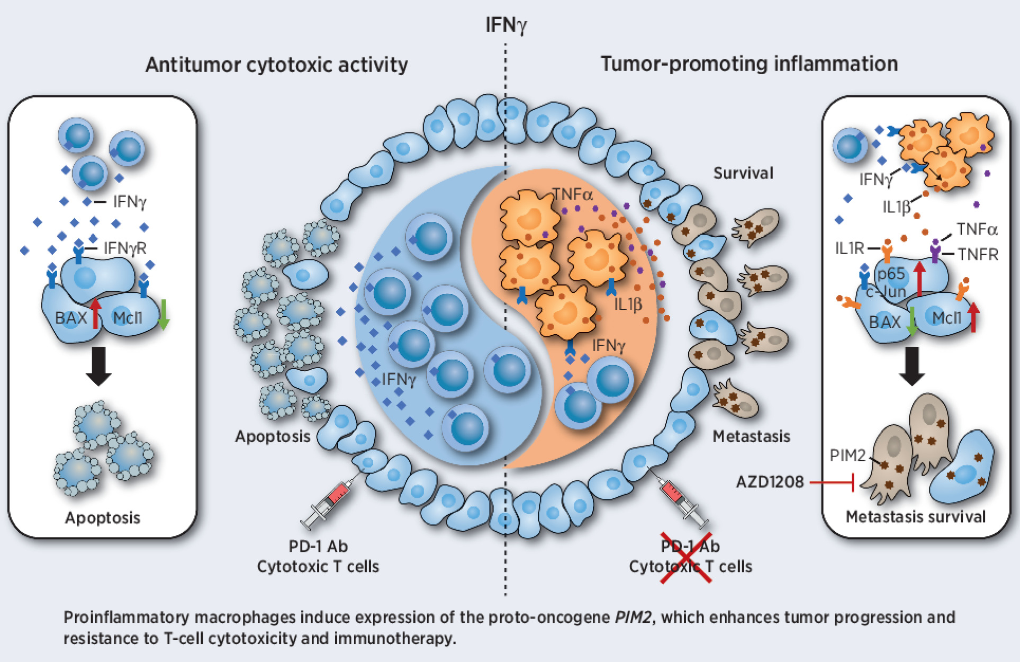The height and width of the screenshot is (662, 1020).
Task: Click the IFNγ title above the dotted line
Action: (506, 25)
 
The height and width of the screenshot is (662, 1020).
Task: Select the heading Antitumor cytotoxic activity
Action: (276, 65)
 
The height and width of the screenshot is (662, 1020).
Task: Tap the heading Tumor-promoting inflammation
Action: (749, 64)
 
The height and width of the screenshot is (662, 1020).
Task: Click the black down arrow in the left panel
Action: (98, 365)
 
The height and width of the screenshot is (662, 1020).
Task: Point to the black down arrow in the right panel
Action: (911, 365)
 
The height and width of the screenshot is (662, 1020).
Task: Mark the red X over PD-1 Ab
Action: (686, 558)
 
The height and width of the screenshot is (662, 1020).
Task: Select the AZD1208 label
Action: (770, 482)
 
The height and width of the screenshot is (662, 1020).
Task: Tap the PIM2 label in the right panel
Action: (847, 455)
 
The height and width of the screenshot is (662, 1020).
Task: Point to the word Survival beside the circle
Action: (743, 173)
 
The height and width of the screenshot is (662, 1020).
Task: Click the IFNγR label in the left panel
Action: (124, 248)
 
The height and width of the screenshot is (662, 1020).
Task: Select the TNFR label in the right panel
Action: (977, 255)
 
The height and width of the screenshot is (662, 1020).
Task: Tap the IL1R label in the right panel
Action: (849, 248)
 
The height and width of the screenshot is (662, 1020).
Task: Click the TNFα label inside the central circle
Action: (573, 194)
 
